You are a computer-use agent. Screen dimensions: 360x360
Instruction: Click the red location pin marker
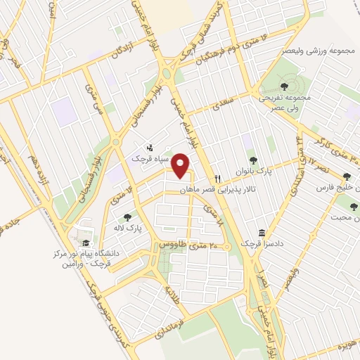pyautogui.click(x=182, y=165)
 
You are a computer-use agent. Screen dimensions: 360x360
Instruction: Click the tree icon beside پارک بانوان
pyautogui.click(x=254, y=161)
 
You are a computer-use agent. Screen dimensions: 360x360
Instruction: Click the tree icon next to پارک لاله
pyautogui.click(x=127, y=217)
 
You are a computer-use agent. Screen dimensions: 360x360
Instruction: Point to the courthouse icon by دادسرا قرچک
pyautogui.click(x=262, y=233)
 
